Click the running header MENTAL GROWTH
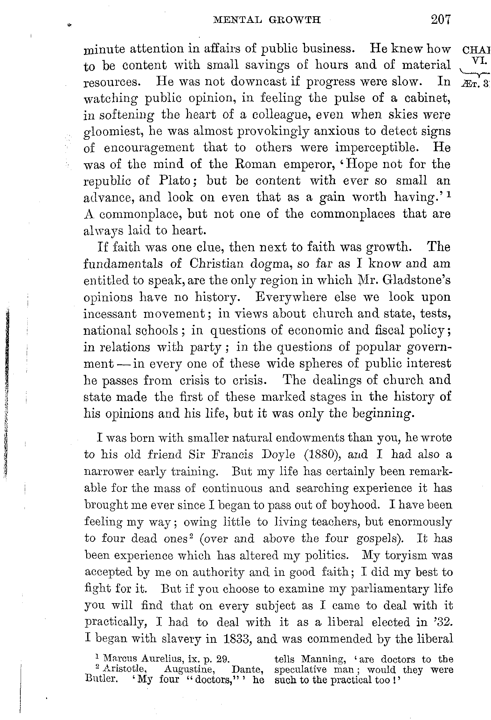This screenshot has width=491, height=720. pos(267,20)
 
